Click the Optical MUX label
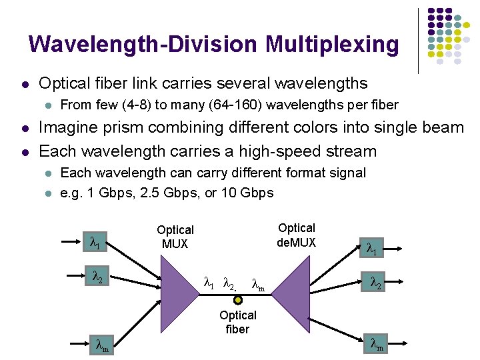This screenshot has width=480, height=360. pyautogui.click(x=175, y=237)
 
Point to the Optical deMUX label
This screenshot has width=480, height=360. pyautogui.click(x=297, y=235)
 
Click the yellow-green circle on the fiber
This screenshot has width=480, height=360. pyautogui.click(x=238, y=300)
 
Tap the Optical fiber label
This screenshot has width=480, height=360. pyautogui.click(x=238, y=322)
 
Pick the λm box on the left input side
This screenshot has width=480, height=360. pyautogui.click(x=102, y=345)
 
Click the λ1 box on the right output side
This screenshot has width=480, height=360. pyautogui.click(x=372, y=249)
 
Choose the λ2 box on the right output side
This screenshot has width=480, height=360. pyautogui.click(x=375, y=283)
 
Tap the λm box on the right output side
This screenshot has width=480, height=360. pyautogui.click(x=377, y=344)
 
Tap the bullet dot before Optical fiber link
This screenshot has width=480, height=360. pyautogui.click(x=24, y=84)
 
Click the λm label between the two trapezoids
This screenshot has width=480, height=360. pyautogui.click(x=258, y=286)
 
